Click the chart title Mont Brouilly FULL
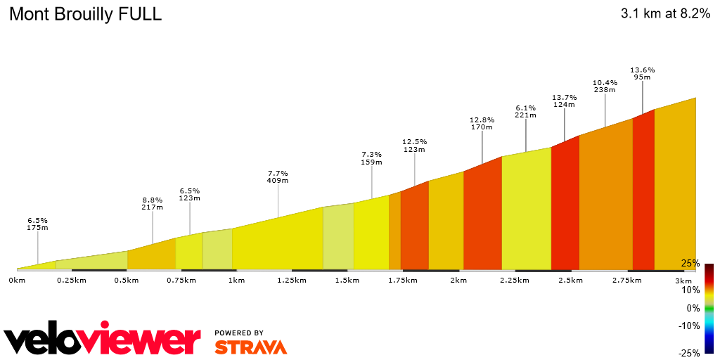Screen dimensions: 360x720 pos(85,14)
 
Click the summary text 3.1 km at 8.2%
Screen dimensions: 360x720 pos(665,14)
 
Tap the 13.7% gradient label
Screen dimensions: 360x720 pos(564,97)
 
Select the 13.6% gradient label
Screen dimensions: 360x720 pos(642,70)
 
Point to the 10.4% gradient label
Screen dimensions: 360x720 pos(605,82)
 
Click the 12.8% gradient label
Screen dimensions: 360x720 pos(482,120)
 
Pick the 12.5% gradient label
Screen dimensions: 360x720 pos(414,142)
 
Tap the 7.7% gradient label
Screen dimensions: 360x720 pos(278,173)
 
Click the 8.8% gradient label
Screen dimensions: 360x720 pos(153,200)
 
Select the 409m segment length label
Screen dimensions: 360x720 pos(278,181)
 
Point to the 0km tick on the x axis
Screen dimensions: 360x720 pos(17,281)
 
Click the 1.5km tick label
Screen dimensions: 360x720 pos(347,281)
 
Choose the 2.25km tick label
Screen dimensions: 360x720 pos(514,281)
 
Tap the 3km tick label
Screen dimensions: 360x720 pos(683,281)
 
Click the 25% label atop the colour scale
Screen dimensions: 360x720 pos(690,264)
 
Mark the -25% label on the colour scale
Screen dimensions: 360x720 pos(688,353)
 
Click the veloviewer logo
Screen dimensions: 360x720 pos(102,341)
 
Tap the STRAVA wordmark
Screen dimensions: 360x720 pos(250,347)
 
